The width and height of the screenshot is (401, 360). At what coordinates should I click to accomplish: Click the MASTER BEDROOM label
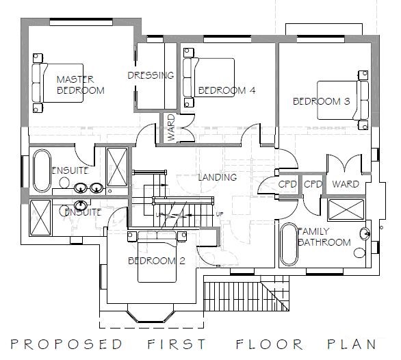(x=80, y=85)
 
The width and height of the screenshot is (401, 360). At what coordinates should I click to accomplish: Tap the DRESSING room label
(x=151, y=75)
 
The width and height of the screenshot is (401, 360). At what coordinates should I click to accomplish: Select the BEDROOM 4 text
(x=227, y=90)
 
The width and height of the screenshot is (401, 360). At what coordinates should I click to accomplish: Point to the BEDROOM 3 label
(x=321, y=101)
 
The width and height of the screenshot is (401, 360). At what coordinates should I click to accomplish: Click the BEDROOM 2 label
(x=156, y=261)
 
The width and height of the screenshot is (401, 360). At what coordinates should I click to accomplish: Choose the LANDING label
(x=218, y=177)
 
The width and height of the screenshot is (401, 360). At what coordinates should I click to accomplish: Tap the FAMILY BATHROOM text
(x=324, y=237)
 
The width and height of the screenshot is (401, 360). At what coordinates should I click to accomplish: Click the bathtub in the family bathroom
(x=289, y=244)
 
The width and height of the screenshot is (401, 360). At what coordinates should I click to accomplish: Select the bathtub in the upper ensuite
(x=42, y=170)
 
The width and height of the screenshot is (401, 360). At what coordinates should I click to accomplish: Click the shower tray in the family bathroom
(x=346, y=210)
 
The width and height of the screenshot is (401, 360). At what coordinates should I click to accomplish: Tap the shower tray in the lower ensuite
(x=40, y=218)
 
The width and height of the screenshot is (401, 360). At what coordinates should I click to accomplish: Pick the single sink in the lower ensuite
(x=81, y=205)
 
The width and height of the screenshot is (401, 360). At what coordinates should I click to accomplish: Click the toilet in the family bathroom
(x=360, y=253)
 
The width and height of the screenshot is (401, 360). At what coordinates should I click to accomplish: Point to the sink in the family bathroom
(x=365, y=233)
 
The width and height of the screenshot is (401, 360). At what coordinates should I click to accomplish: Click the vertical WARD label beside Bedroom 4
(x=171, y=128)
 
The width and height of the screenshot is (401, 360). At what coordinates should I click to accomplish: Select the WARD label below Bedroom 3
(x=346, y=184)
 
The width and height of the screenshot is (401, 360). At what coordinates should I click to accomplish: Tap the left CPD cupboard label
(x=287, y=184)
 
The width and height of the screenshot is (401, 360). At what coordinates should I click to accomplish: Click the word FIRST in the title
(x=177, y=344)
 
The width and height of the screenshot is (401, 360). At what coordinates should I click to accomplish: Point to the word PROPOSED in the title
(x=66, y=344)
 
